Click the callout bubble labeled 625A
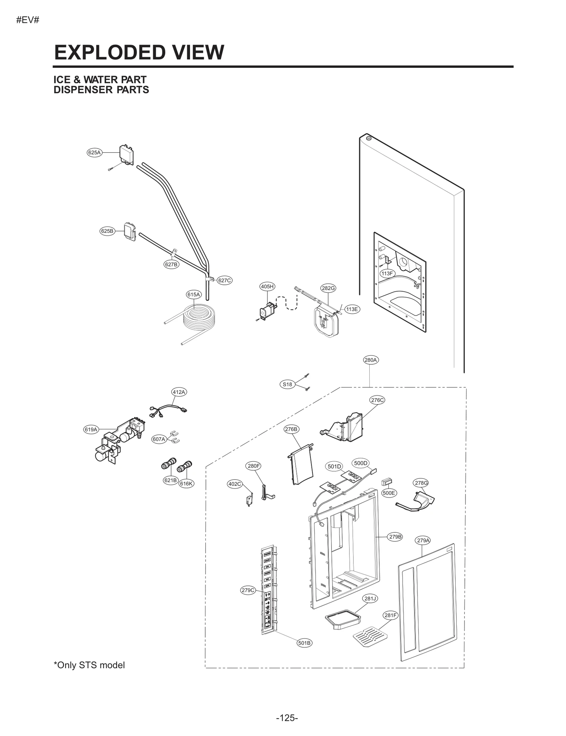click(94, 153)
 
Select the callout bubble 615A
click(194, 294)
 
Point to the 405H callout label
click(267, 287)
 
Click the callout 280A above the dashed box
click(370, 360)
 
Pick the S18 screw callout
click(288, 384)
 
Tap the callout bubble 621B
click(170, 480)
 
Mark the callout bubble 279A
click(423, 550)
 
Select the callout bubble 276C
click(377, 400)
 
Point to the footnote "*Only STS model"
click(89, 665)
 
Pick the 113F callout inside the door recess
click(387, 273)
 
